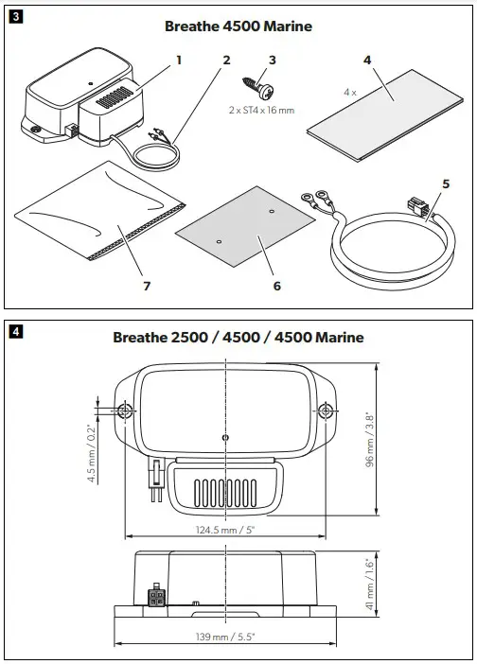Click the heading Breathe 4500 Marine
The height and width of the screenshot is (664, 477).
coord(238,26)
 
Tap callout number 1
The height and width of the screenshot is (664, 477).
coord(178,60)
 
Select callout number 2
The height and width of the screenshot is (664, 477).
coord(226,60)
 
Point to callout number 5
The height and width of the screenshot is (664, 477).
coord(446,183)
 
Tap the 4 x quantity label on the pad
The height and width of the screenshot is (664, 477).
coord(351,94)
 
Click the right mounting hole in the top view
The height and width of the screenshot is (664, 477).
coord(327,410)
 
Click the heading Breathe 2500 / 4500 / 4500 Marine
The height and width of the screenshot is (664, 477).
coord(238,338)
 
